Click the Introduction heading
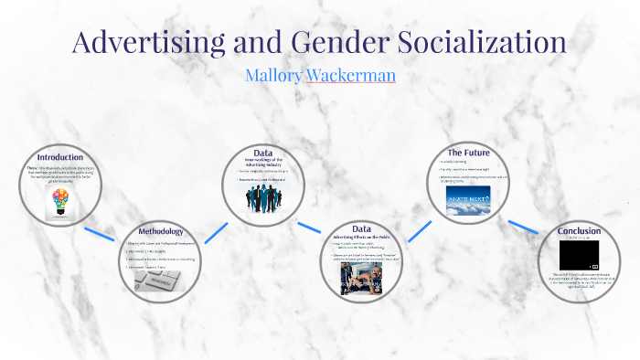[x=59, y=156]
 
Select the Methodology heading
[x=161, y=231]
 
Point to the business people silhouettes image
[x=263, y=200]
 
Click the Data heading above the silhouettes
[x=263, y=153]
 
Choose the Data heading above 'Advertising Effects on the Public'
[x=361, y=228]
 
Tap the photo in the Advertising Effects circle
[x=361, y=279]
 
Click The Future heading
[x=468, y=151]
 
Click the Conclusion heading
[x=579, y=230]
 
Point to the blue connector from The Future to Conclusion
[x=524, y=227]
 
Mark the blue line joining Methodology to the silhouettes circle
[x=216, y=231]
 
